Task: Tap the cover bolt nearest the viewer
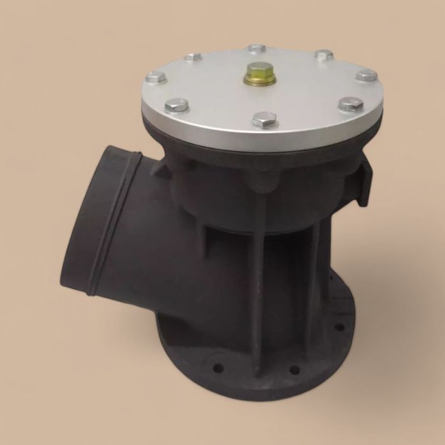click(264, 120)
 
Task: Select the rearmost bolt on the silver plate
click(257, 48)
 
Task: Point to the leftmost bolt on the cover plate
click(156, 78)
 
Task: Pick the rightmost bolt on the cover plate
click(366, 76)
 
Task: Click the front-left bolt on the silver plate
click(176, 105)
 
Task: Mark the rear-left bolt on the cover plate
click(193, 57)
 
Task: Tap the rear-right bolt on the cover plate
click(324, 55)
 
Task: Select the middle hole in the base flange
click(294, 369)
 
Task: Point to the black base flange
click(254, 375)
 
